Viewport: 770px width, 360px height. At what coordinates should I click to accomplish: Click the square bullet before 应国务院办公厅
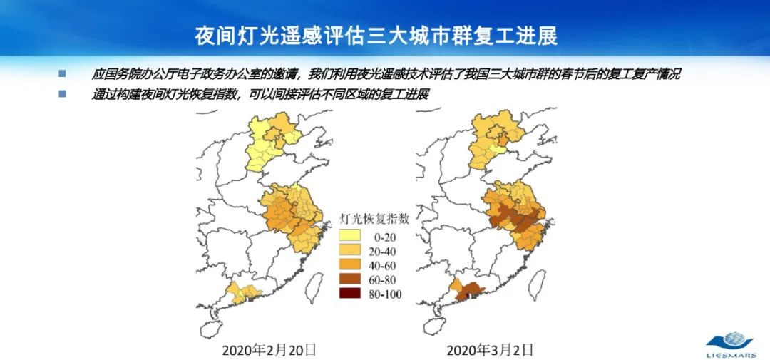pyautogui.click(x=62, y=73)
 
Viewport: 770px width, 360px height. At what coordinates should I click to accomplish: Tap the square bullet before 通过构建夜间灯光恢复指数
pyautogui.click(x=62, y=93)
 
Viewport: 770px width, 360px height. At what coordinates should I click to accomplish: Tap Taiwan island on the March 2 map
pyautogui.click(x=543, y=284)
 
